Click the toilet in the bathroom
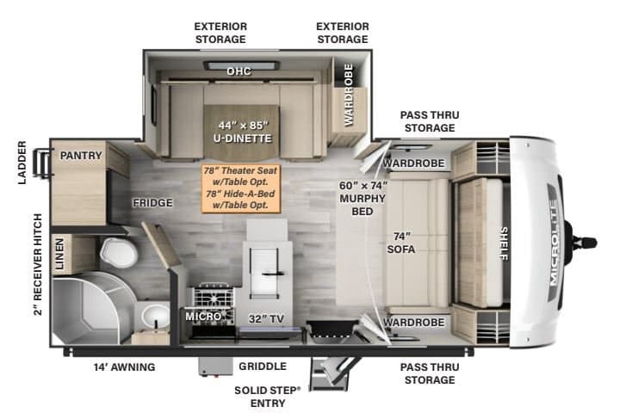(x=119, y=252)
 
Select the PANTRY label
(x=81, y=155)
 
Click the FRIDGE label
(x=153, y=203)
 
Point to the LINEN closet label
(x=59, y=254)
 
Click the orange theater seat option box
(x=241, y=188)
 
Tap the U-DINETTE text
(x=242, y=139)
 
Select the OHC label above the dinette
(x=239, y=71)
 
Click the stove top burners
(x=214, y=298)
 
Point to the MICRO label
(x=203, y=317)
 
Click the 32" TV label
(x=266, y=319)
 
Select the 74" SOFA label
(x=401, y=243)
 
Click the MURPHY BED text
(x=363, y=205)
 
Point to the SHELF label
(x=505, y=243)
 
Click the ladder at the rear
(x=42, y=163)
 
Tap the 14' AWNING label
(x=125, y=367)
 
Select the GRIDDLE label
(x=263, y=367)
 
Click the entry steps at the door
(x=331, y=373)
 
